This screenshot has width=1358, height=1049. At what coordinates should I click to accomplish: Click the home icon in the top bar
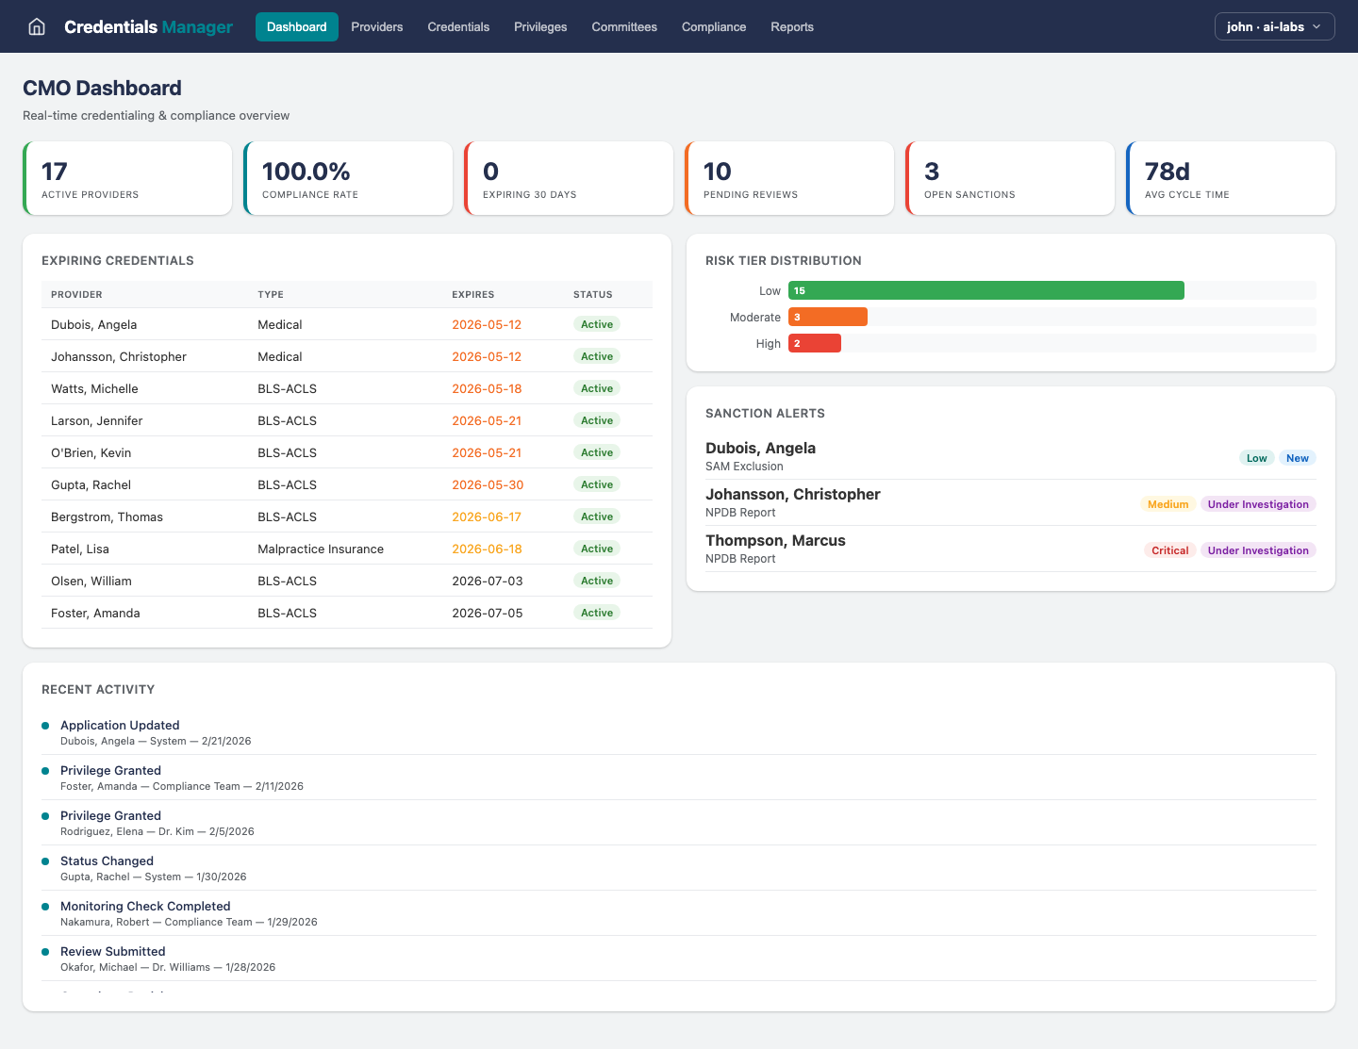pyautogui.click(x=37, y=26)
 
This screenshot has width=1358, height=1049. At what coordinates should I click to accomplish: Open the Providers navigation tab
pyautogui.click(x=376, y=26)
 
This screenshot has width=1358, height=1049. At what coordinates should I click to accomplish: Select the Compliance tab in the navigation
pyautogui.click(x=713, y=26)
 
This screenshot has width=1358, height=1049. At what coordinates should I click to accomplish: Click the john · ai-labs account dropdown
pyautogui.click(x=1273, y=26)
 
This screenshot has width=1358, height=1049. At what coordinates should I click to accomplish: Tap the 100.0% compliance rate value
pyautogui.click(x=306, y=172)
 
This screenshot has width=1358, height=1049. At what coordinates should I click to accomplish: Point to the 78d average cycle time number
pyautogui.click(x=1167, y=172)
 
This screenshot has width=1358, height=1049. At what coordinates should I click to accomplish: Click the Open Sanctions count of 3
pyautogui.click(x=932, y=172)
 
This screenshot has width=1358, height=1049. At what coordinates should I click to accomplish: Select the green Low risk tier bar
pyautogui.click(x=985, y=290)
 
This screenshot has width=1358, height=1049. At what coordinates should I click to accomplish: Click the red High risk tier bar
pyautogui.click(x=815, y=343)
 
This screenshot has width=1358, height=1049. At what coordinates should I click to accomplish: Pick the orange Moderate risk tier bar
pyautogui.click(x=828, y=317)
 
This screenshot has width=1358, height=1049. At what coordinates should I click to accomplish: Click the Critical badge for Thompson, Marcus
pyautogui.click(x=1169, y=550)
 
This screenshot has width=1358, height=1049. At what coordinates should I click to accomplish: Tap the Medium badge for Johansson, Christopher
pyautogui.click(x=1168, y=504)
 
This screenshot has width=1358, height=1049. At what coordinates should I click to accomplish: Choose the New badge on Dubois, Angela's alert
pyautogui.click(x=1297, y=458)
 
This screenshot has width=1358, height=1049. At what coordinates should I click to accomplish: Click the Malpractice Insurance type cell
pyautogui.click(x=321, y=549)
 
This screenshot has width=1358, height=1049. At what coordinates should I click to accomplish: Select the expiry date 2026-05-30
pyautogui.click(x=487, y=484)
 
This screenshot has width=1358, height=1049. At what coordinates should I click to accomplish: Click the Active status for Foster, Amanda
pyautogui.click(x=597, y=613)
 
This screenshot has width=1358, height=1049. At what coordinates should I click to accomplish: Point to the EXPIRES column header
pyautogui.click(x=472, y=294)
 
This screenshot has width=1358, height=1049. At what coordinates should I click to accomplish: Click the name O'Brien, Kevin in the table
pyautogui.click(x=91, y=452)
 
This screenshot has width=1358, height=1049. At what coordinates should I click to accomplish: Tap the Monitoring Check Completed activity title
pyautogui.click(x=145, y=906)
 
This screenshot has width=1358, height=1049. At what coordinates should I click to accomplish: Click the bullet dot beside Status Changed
pyautogui.click(x=45, y=861)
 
